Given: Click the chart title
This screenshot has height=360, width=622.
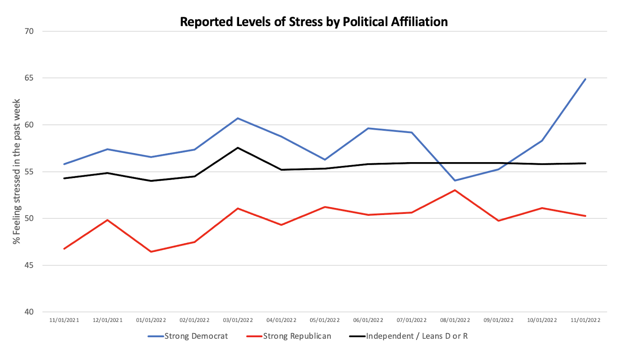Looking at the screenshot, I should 314,22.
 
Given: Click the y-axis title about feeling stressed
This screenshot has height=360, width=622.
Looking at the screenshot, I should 16,171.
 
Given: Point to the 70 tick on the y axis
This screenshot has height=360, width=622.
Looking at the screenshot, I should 29,31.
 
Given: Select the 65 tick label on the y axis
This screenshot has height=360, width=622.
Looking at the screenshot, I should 29,78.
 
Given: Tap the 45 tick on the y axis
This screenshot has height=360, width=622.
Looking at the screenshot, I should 29,265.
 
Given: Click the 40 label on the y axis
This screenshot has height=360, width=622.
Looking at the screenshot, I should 29,312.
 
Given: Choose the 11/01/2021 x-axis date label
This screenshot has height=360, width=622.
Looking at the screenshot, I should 64,320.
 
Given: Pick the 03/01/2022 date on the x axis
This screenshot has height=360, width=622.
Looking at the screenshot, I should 238,320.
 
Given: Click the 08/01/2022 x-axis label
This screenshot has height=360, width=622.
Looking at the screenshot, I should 455,320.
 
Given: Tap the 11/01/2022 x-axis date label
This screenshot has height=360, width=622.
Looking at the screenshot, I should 585,320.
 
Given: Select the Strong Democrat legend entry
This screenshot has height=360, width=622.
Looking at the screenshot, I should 188,336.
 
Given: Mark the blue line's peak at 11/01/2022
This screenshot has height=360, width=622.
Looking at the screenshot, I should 585,79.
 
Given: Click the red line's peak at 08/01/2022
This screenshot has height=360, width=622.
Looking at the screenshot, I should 455,190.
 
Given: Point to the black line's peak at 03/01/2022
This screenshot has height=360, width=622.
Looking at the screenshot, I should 238,148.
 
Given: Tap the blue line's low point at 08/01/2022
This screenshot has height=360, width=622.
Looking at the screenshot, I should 455,180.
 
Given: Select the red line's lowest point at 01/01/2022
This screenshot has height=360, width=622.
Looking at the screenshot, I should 151,252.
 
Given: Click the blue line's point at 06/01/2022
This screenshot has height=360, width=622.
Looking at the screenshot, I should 368,128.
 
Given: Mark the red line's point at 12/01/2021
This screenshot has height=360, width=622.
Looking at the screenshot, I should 108,220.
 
